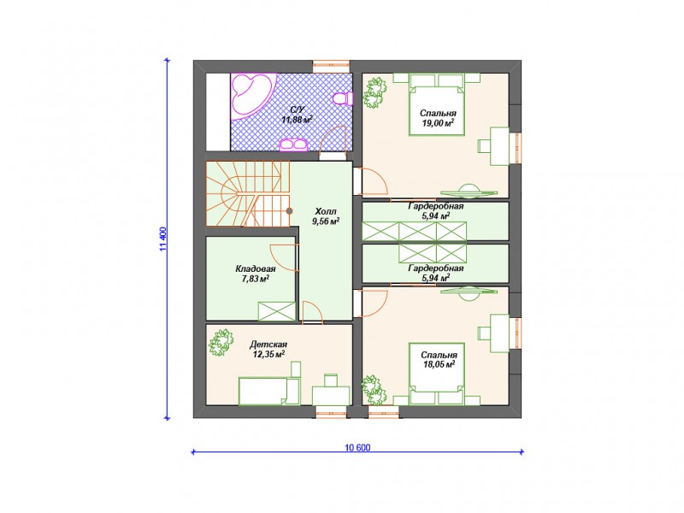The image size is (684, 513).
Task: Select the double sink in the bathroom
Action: pyautogui.click(x=293, y=144)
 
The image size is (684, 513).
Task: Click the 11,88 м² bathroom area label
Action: pyautogui.click(x=297, y=120)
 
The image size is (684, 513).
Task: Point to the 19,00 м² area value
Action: pyautogui.click(x=438, y=122)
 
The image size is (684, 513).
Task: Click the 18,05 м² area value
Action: pyautogui.click(x=439, y=364)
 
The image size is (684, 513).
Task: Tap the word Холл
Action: pyautogui.click(x=326, y=211)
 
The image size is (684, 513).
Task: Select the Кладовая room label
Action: pyautogui.click(x=255, y=268)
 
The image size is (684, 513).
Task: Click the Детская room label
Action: pyautogui.click(x=268, y=345)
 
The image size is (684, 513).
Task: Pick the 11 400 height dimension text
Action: pyautogui.click(x=163, y=239)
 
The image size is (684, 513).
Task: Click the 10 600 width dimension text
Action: pyautogui.click(x=357, y=447)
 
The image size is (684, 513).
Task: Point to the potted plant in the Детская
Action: pyautogui.click(x=221, y=343)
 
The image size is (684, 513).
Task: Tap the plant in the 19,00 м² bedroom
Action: pyautogui.click(x=374, y=93)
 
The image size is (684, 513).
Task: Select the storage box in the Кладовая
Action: pyautogui.click(x=276, y=311)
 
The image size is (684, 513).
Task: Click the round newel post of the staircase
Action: pyautogui.click(x=289, y=211)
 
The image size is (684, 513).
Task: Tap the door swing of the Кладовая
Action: pyautogui.click(x=284, y=258)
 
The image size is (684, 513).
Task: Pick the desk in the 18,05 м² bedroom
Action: pyautogui.click(x=499, y=333)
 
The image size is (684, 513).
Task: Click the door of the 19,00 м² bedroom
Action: pyautogui.click(x=374, y=180)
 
